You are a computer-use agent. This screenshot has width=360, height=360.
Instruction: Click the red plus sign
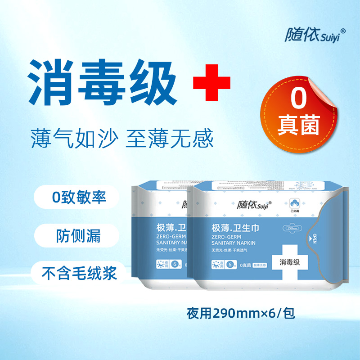tap(211, 83)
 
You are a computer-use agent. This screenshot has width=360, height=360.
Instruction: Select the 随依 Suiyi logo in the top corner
tap(315, 36)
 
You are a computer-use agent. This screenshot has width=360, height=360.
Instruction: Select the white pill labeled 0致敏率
tap(75, 198)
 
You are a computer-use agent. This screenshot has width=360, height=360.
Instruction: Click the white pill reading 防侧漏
tap(75, 235)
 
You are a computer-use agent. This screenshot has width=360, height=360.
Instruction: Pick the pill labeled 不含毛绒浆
tap(75, 273)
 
